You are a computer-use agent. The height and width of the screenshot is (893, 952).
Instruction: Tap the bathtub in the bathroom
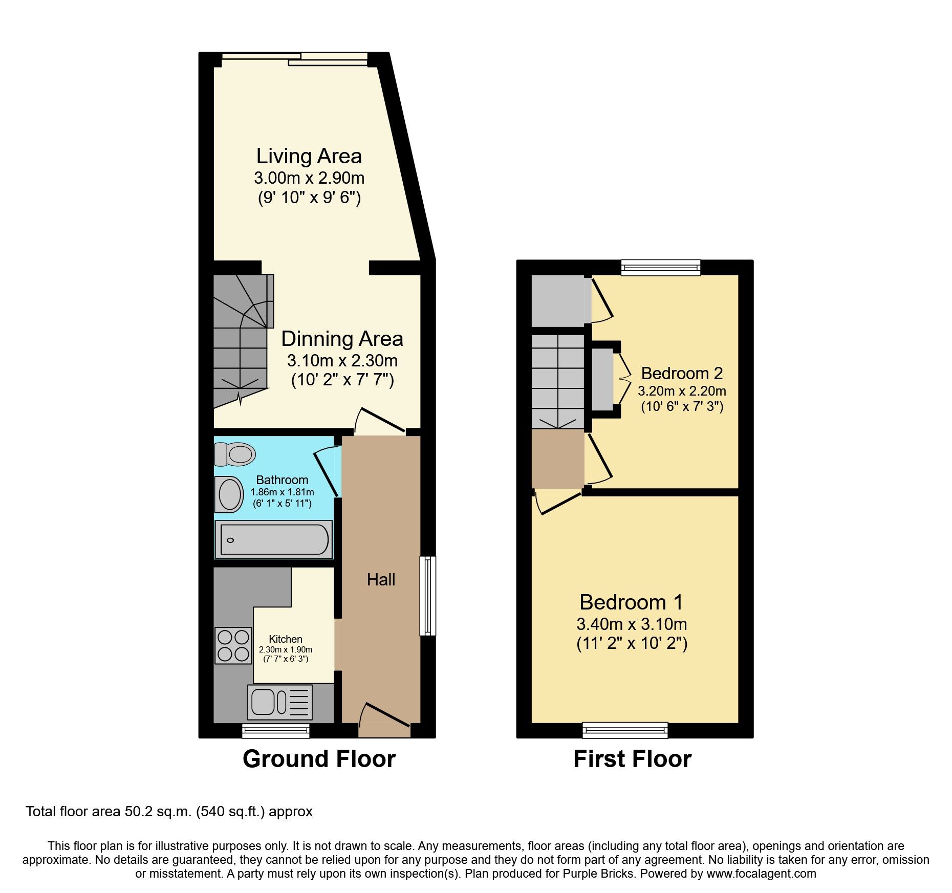(x=273, y=539)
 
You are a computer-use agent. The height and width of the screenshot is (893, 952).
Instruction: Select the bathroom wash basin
(x=229, y=494)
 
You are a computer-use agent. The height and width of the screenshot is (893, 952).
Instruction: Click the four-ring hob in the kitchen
(x=233, y=645)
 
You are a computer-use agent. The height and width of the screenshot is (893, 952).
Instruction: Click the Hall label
(x=381, y=580)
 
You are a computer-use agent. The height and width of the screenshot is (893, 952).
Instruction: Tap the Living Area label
(x=309, y=157)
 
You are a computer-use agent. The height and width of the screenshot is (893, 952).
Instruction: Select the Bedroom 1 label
(x=631, y=602)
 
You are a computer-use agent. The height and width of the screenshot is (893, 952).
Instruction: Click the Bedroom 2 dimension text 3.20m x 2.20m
(x=682, y=391)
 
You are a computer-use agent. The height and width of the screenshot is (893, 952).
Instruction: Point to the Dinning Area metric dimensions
(x=342, y=361)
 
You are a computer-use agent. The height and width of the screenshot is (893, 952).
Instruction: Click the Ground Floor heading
(x=319, y=759)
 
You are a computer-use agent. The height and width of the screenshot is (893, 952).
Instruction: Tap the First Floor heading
(x=632, y=759)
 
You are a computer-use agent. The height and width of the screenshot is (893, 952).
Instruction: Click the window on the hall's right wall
(x=428, y=596)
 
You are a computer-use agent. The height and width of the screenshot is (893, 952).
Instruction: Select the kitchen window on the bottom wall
(x=276, y=730)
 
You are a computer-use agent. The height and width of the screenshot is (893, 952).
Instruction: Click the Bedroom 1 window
(x=625, y=730)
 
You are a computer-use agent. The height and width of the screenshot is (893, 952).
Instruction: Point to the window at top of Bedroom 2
(x=660, y=267)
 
